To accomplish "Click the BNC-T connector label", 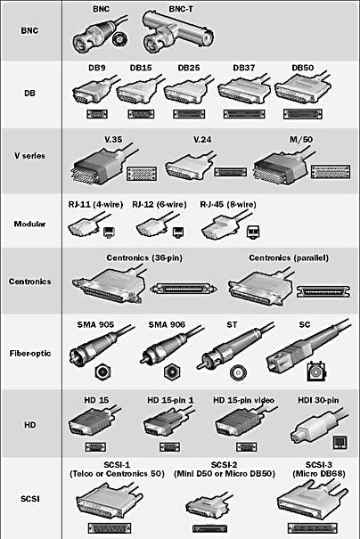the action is coord(181,9).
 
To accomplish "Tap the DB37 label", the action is coord(244,68).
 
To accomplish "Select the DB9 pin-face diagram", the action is coord(97,114).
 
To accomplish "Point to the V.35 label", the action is coord(113,140).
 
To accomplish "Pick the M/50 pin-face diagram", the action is coord(331,172).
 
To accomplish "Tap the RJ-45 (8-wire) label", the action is coord(228,205).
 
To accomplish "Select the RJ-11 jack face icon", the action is coord(110,233).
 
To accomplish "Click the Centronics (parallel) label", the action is coord(289,257).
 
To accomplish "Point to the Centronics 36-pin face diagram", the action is coord(184,289).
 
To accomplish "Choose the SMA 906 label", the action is coord(167,324).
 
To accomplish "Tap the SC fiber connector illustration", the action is coord(306,347).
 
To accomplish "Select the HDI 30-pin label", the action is coord(318,400).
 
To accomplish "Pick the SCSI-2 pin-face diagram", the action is coord(209,528).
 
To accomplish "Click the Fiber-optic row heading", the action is coord(30,354).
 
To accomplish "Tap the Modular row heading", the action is coord(29,224).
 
